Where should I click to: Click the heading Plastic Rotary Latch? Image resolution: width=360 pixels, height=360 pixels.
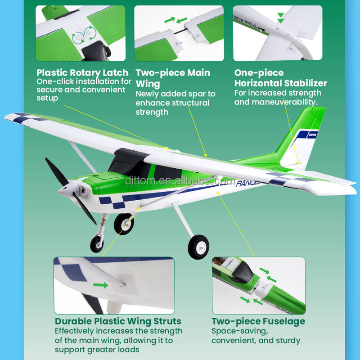pyautogui.click(x=82, y=73)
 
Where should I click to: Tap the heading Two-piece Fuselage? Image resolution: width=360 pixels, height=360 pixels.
pyautogui.click(x=258, y=321)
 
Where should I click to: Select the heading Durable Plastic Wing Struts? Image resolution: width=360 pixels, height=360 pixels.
pyautogui.click(x=118, y=321)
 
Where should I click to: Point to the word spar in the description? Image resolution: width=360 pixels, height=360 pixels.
pyautogui.click(x=197, y=94)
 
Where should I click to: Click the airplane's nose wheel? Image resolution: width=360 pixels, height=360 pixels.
pyautogui.click(x=97, y=244)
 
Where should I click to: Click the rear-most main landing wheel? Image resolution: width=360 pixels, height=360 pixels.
pyautogui.click(x=198, y=247)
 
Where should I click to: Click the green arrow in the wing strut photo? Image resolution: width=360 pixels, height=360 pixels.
pyautogui.click(x=100, y=285)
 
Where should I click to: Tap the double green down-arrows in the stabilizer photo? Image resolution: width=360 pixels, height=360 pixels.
pyautogui.click(x=280, y=18)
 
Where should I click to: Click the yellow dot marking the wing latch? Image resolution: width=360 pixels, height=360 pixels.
pyautogui.click(x=166, y=148)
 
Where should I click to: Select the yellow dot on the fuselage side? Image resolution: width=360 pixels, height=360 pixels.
pyautogui.click(x=218, y=193)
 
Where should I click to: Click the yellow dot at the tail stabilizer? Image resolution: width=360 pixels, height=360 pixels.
pyautogui.click(x=298, y=163)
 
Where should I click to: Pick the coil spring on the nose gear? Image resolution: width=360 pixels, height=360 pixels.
pyautogui.click(x=104, y=220)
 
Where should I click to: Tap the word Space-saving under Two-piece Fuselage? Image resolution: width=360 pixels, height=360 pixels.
pyautogui.click(x=240, y=331)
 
